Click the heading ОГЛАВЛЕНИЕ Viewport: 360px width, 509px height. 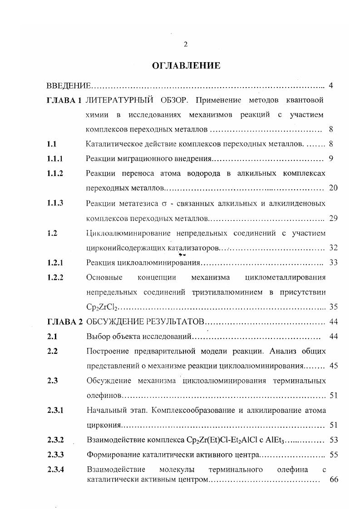point(186,66)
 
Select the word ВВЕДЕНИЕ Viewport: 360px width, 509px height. point(69,86)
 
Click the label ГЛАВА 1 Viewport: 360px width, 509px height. point(64,100)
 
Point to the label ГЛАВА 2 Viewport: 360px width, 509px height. point(65,322)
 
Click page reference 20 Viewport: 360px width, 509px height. point(333,188)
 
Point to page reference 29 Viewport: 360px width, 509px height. point(333,218)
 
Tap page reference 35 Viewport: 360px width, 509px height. point(333,307)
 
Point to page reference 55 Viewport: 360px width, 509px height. point(333,454)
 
